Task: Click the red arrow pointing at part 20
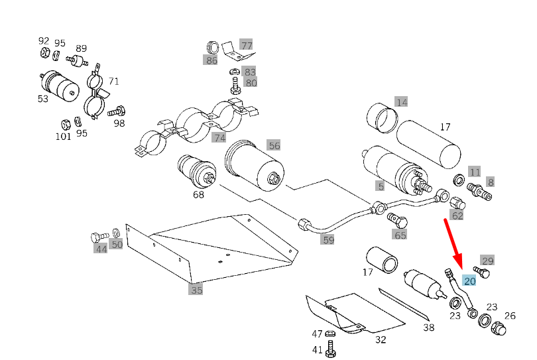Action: (x=454, y=243)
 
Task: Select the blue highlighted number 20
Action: (x=470, y=281)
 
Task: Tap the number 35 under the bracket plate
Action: (x=196, y=290)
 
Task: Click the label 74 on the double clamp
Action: (x=219, y=137)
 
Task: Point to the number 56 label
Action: (x=274, y=145)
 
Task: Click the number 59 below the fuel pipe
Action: (x=328, y=239)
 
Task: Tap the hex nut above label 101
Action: (x=65, y=124)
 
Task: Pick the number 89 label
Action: (x=81, y=48)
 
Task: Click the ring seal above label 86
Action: (x=213, y=48)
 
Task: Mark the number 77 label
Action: (x=247, y=46)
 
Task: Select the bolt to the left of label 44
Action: (x=97, y=236)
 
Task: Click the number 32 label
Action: (x=380, y=340)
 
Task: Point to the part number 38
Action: (x=428, y=327)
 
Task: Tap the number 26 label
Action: (x=510, y=316)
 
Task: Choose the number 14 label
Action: (x=401, y=101)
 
